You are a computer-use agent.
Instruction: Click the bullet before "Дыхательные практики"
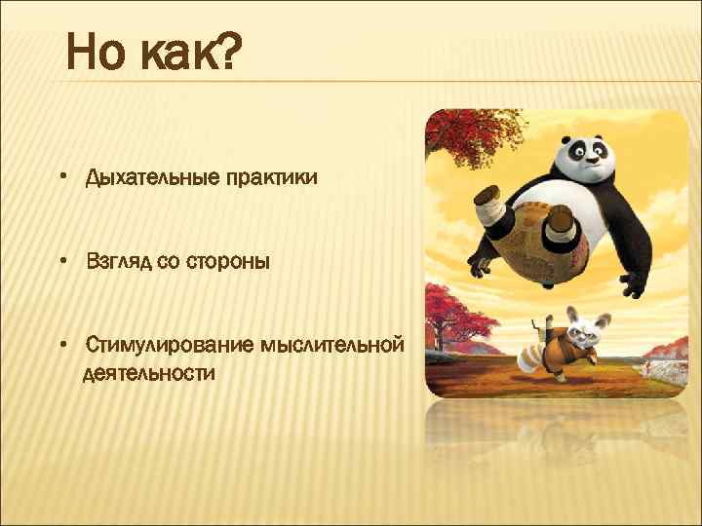tap(61, 178)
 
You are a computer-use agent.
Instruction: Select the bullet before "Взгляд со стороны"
tap(61, 262)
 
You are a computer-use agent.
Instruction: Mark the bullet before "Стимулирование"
tap(61, 345)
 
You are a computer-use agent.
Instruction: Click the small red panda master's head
tap(579, 330)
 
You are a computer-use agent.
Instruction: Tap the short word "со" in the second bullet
tap(168, 263)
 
